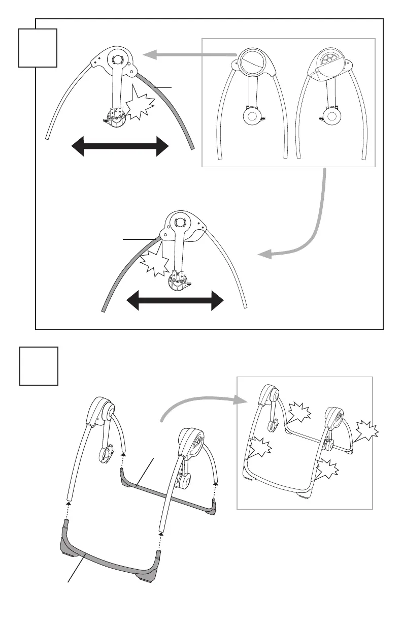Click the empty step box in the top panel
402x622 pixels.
(x=38, y=48)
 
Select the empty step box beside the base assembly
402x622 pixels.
(x=39, y=366)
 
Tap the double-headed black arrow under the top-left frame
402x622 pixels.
(x=120, y=147)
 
